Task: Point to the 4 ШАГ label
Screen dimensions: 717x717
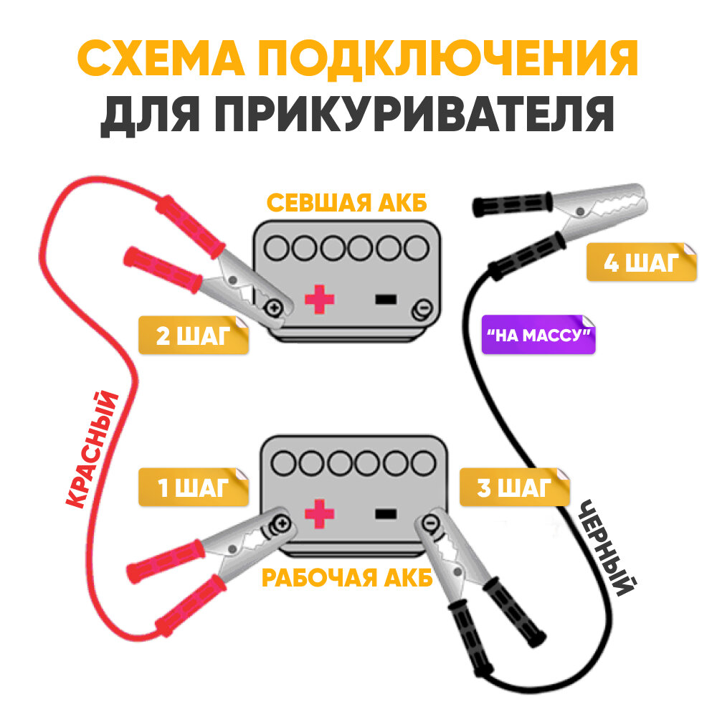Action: point(640,263)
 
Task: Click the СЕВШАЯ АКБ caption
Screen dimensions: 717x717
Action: point(346,203)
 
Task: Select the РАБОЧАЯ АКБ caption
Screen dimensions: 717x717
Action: point(347,578)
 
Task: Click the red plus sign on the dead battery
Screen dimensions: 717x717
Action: point(319,299)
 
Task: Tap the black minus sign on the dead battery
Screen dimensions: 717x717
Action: point(386,299)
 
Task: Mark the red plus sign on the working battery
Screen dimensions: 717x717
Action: point(320,513)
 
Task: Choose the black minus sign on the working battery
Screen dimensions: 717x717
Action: point(386,513)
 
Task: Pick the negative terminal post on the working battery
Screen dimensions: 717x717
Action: point(431,524)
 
